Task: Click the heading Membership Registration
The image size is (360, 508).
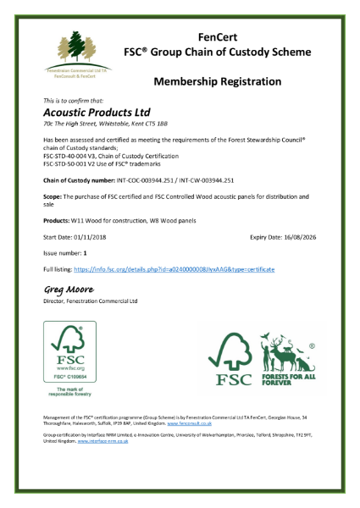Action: point(218,81)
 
